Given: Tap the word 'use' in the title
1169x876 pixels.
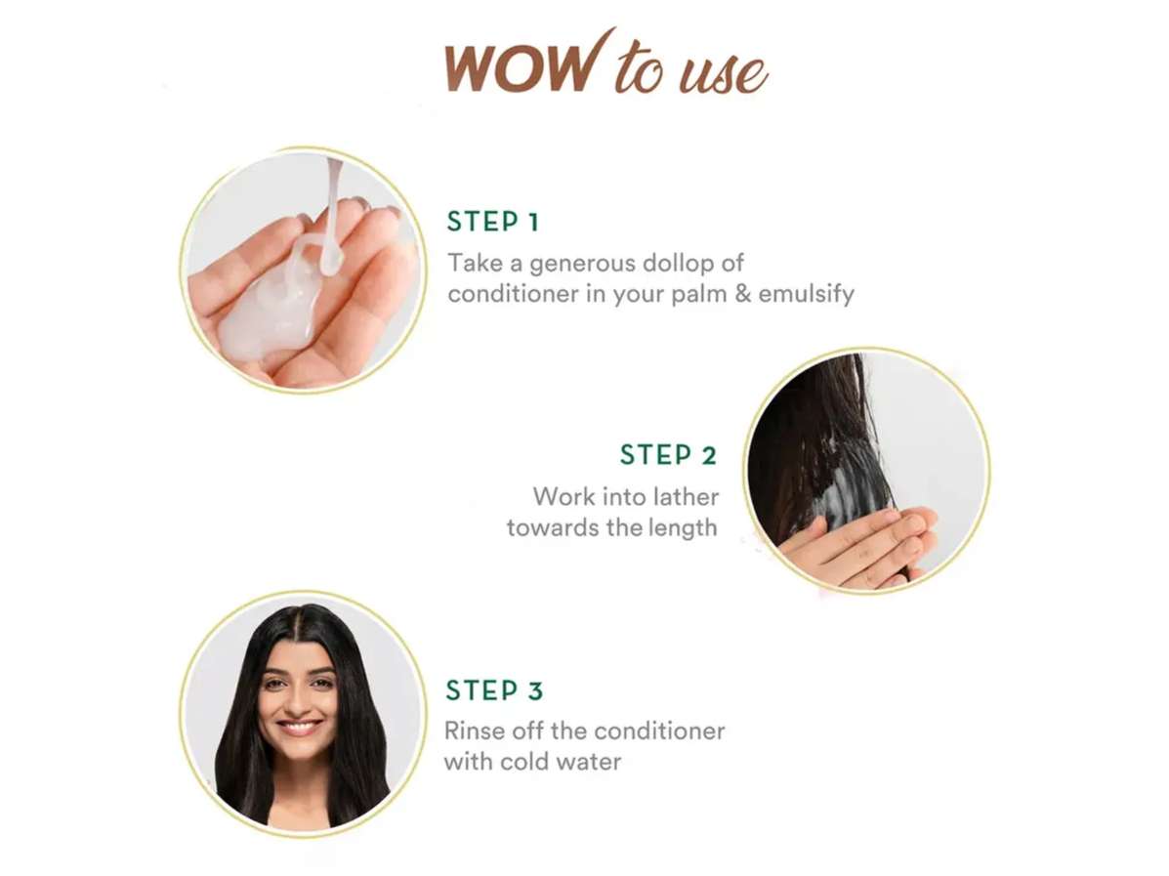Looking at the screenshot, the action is pyautogui.click(x=722, y=73).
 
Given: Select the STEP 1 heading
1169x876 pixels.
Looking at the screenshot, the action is pyautogui.click(x=493, y=222).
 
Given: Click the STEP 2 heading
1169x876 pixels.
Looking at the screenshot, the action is pyautogui.click(x=668, y=454).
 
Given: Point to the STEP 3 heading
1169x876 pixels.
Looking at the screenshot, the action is pyautogui.click(x=494, y=690).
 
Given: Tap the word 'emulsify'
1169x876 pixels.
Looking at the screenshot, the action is pyautogui.click(x=806, y=294).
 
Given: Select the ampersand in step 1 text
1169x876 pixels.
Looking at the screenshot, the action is pyautogui.click(x=742, y=293).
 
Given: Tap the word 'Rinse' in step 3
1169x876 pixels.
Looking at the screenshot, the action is pyautogui.click(x=470, y=730).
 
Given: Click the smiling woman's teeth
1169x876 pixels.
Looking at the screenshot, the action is pyautogui.click(x=299, y=724).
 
